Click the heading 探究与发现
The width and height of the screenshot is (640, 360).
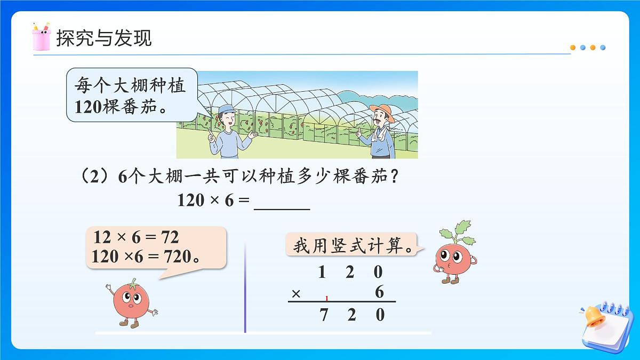pyautogui.click(x=103, y=38)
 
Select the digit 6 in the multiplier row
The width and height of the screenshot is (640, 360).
pyautogui.click(x=379, y=292)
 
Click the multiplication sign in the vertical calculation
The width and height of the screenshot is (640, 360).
pyautogui.click(x=297, y=293)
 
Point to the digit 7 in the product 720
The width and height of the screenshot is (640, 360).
pyautogui.click(x=323, y=315)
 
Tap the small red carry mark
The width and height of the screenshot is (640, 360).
pyautogui.click(x=326, y=298)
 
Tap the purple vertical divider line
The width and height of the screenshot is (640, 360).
pyautogui.click(x=245, y=288)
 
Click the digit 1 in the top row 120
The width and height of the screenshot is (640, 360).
pyautogui.click(x=322, y=273)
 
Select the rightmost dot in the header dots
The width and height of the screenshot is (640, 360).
pyautogui.click(x=603, y=47)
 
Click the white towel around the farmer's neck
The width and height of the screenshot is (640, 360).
pyautogui.click(x=380, y=135)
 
